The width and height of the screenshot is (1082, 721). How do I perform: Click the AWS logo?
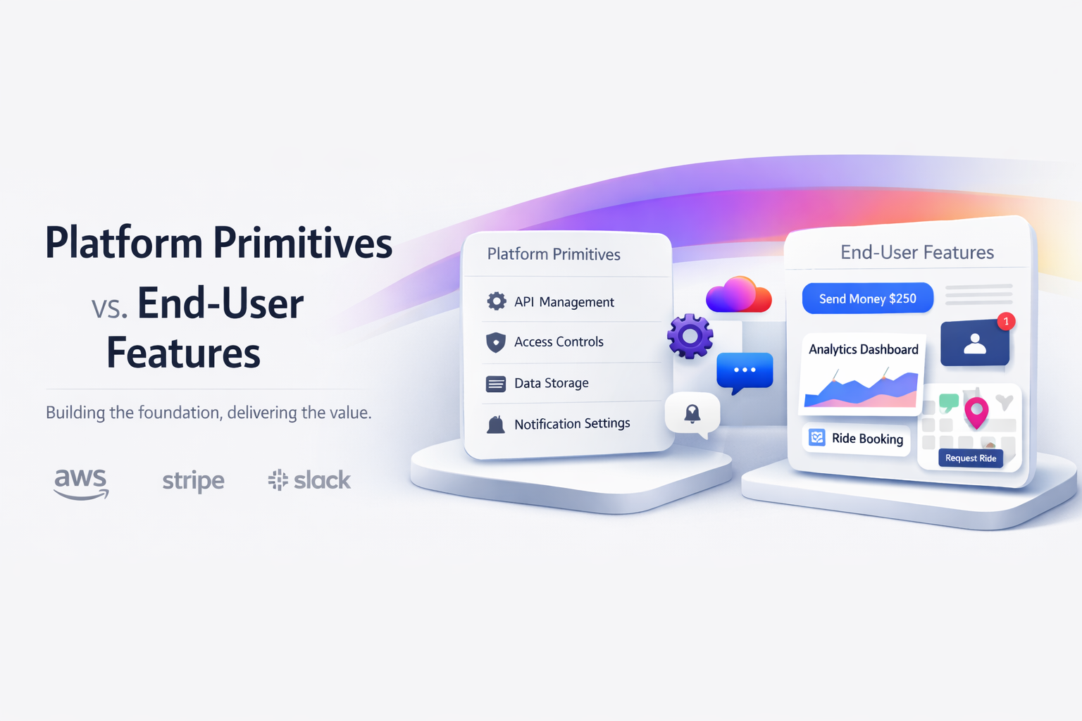coord(81,483)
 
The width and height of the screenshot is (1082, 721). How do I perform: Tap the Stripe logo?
coord(193,481)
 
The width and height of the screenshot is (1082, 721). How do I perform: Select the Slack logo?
coord(309,480)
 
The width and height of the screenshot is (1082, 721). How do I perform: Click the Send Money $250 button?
coord(867,299)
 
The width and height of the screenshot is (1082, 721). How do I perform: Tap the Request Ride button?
coord(970,458)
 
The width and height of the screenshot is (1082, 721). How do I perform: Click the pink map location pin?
coord(976,411)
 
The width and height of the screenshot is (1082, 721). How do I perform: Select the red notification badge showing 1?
coord(1006,321)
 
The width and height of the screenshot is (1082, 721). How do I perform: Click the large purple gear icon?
coord(690,337)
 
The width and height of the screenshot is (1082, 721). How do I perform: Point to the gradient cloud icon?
coord(738,294)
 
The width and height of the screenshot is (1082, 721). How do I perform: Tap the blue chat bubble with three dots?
coord(745,371)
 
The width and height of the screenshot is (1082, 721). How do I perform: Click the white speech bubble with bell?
coord(692,414)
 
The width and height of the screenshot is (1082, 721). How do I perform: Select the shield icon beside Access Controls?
coord(496,342)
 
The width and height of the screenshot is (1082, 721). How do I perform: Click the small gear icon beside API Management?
coord(497,301)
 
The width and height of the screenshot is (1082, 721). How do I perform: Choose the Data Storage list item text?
coord(551,383)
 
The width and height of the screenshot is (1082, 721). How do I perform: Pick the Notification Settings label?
coord(572,423)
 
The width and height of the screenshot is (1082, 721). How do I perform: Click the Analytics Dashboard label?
coord(863,349)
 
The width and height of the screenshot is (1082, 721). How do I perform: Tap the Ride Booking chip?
coord(857,439)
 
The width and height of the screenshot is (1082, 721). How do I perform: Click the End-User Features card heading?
coord(916,252)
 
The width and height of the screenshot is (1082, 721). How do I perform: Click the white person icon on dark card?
coord(975,344)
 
